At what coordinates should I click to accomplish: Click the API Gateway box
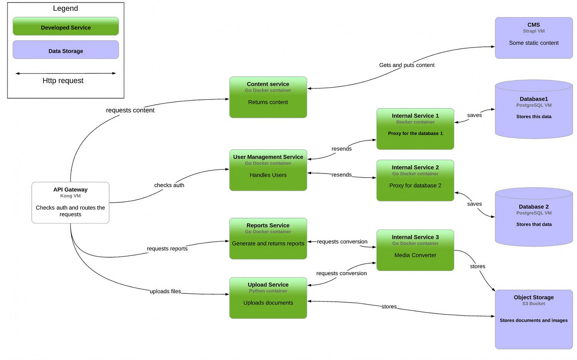70,202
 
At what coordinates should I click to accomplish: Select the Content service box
268,97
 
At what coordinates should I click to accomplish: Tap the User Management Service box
268,170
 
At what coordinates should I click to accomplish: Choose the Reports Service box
268,238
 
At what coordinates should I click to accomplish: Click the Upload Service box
268,298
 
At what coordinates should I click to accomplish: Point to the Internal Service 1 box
415,129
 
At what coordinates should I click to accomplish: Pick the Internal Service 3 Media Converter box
415,250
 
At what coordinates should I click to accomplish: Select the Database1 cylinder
533,109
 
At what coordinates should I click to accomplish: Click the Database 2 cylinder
533,217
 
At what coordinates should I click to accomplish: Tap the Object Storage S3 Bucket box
533,319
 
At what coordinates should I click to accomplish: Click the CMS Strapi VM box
533,38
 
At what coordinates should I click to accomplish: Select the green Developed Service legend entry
66,27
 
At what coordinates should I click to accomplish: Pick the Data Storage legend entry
66,50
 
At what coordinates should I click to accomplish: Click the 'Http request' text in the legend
63,81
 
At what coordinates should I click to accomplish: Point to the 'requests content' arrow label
130,110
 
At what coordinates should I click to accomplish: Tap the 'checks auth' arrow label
169,185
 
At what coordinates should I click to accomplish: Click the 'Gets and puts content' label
407,65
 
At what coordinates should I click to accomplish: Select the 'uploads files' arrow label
165,291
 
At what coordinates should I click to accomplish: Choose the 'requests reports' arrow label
167,248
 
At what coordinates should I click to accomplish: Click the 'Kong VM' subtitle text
70,196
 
